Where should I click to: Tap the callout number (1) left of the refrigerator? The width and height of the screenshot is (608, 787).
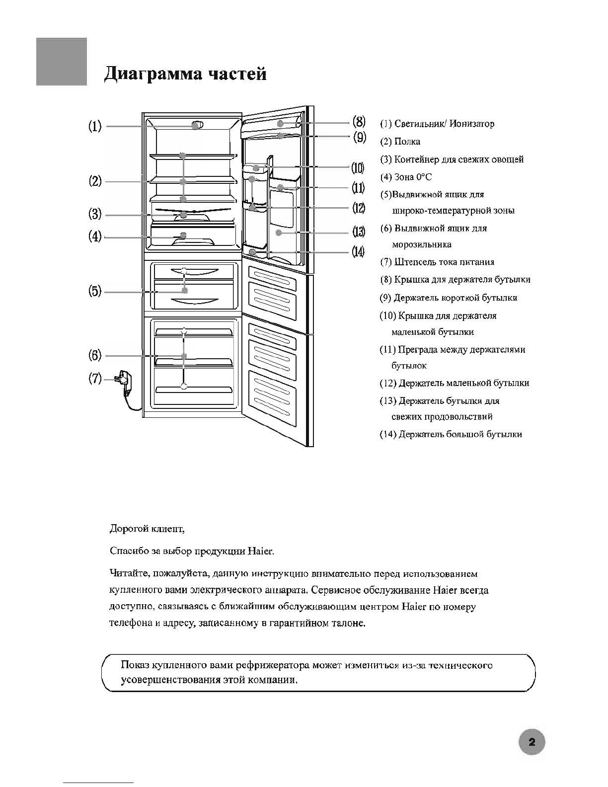tap(95, 126)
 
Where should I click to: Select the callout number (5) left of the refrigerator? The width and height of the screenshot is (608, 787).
tap(95, 291)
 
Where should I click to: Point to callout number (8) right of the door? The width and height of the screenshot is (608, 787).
tap(359, 121)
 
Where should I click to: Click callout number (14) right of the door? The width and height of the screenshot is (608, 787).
tap(358, 252)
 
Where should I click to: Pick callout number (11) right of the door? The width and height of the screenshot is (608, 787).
tap(359, 188)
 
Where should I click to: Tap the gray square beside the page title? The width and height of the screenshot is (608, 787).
tap(62, 62)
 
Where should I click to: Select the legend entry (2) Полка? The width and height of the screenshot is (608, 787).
tap(400, 142)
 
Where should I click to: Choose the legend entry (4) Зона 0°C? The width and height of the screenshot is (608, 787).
tap(406, 177)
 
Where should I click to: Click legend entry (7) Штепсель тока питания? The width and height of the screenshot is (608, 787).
tap(437, 262)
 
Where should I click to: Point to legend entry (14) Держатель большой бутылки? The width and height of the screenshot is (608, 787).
tap(451, 434)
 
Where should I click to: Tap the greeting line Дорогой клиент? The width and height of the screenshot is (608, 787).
tap(147, 529)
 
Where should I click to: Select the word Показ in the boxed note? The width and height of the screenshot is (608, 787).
tap(135, 665)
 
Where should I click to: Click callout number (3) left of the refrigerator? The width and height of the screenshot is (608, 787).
tap(95, 214)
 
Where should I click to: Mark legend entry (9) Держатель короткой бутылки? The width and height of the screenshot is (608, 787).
tap(449, 298)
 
